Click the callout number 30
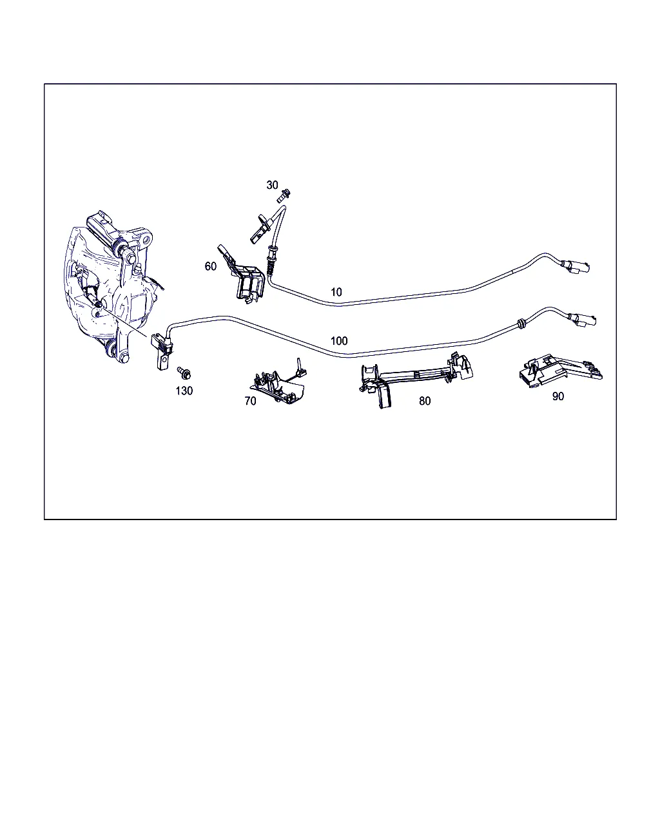click(x=272, y=185)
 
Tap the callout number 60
click(x=211, y=266)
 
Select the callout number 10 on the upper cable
click(x=336, y=292)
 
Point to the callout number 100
click(x=339, y=341)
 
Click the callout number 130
click(x=184, y=391)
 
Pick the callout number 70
click(x=250, y=401)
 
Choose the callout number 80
click(x=425, y=401)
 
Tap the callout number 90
click(x=558, y=396)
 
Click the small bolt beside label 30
click(x=284, y=195)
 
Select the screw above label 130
click(x=184, y=373)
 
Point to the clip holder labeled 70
click(x=280, y=382)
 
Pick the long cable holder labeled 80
click(x=416, y=378)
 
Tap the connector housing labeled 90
click(x=561, y=371)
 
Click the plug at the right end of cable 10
click(x=576, y=266)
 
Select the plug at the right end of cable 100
click(x=582, y=320)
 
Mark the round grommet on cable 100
click(x=521, y=324)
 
